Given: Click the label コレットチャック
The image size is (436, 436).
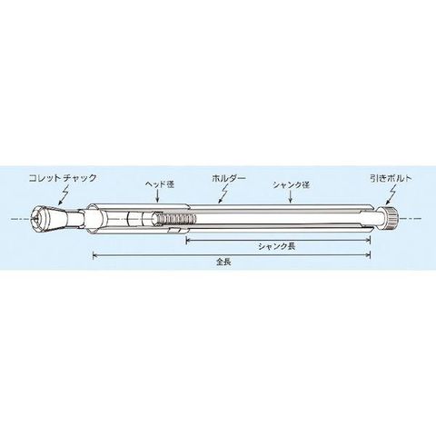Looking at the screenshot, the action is click(x=63, y=178).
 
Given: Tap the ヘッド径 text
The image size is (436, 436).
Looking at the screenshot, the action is click(x=160, y=184).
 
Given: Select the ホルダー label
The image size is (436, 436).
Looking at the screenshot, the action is click(x=229, y=178).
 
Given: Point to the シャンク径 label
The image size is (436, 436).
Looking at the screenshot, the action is click(x=291, y=184).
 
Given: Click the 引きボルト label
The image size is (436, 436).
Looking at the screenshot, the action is click(x=391, y=178).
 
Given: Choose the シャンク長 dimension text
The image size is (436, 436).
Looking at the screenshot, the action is click(x=276, y=246).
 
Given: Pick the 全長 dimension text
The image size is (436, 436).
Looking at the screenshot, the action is click(x=223, y=262).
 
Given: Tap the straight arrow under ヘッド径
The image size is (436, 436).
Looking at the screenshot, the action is click(x=157, y=196).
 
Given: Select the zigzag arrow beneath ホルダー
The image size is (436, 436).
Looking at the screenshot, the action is click(x=224, y=194).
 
